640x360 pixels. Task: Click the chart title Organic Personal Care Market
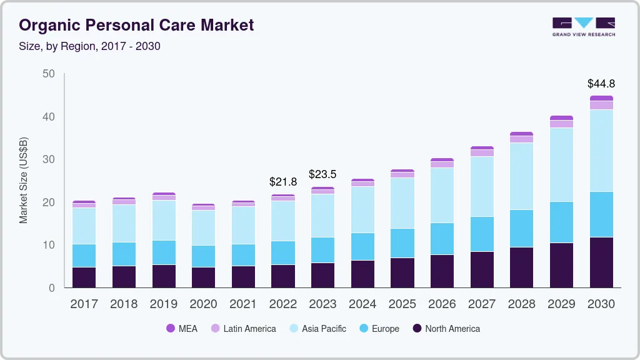(136, 25)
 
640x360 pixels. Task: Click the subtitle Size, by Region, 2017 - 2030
(89, 46)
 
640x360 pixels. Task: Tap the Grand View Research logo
(583, 26)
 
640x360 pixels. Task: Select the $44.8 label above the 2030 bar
(601, 84)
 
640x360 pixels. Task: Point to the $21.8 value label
(283, 182)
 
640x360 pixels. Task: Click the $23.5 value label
(322, 174)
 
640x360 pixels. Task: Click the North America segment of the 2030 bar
(601, 262)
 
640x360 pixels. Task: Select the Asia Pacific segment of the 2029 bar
(561, 164)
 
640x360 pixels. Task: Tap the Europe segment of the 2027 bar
(482, 234)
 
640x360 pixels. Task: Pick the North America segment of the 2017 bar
(84, 277)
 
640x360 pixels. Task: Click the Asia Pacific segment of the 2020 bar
(203, 227)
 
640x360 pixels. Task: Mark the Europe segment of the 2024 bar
(362, 247)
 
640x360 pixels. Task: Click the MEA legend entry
(182, 329)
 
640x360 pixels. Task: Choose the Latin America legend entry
(243, 329)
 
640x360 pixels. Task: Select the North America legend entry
(446, 329)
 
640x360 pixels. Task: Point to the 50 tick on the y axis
(49, 74)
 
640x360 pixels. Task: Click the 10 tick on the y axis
(49, 245)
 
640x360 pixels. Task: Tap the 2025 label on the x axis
(402, 304)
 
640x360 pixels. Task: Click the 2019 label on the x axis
(164, 304)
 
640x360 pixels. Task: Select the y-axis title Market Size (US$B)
(23, 181)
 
